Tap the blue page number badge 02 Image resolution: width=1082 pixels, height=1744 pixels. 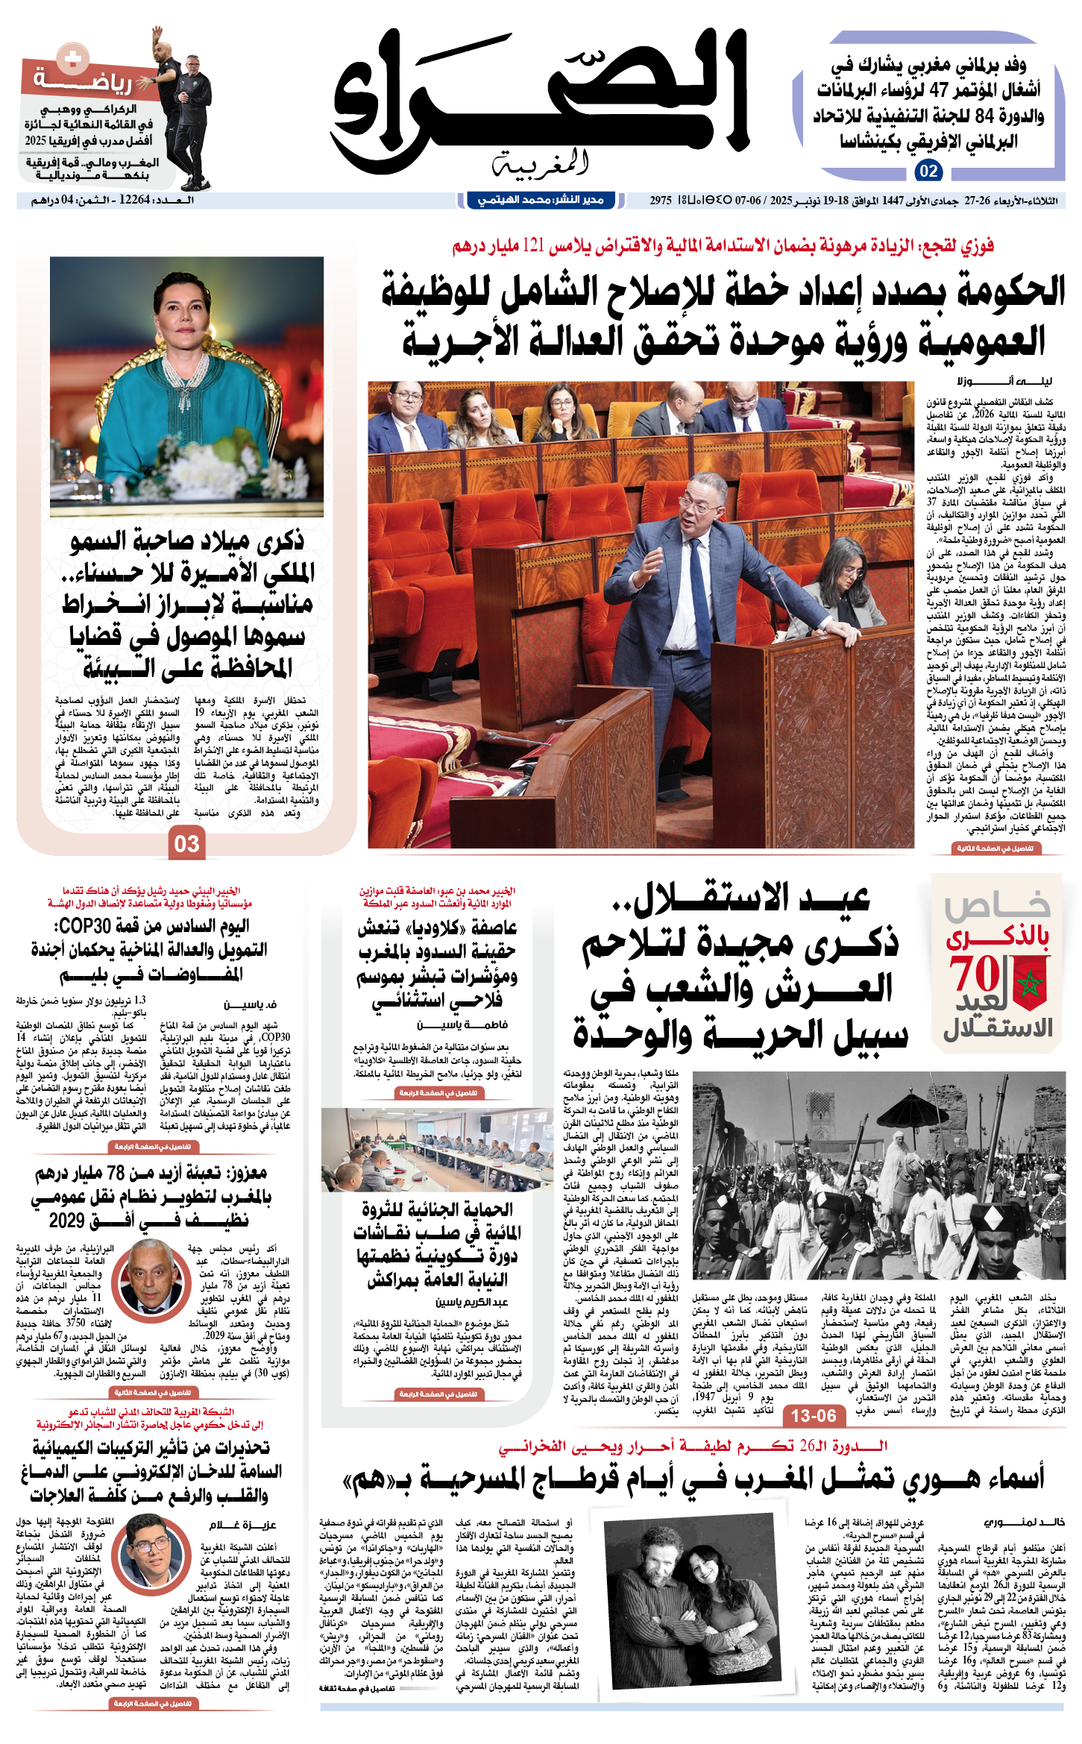928,171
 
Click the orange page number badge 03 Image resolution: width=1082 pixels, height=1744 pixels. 186,843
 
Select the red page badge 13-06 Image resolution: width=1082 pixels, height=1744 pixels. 814,1415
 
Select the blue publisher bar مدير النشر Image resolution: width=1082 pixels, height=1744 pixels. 541,200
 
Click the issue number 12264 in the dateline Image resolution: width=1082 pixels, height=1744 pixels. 134,200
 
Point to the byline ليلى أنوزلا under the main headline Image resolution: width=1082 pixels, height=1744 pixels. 1025,381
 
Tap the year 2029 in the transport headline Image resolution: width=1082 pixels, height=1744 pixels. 66,1221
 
